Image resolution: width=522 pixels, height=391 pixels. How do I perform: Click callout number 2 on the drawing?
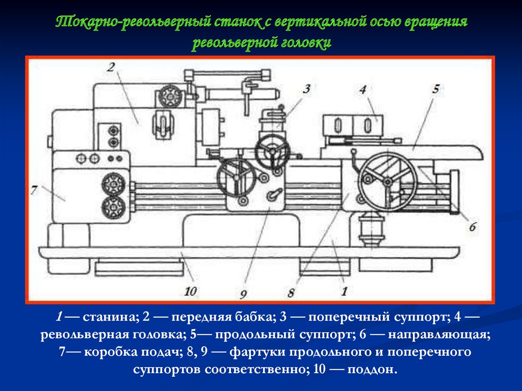tap(111, 68)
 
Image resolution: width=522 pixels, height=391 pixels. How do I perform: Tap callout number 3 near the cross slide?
tap(306, 89)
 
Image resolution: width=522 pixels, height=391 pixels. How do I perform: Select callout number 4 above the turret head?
tap(363, 90)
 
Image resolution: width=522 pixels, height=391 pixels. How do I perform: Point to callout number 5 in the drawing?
tap(436, 89)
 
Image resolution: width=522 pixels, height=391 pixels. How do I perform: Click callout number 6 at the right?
tap(473, 227)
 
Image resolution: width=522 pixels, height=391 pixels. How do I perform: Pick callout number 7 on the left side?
tap(34, 190)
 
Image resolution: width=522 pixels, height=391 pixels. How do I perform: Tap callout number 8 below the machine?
tap(291, 293)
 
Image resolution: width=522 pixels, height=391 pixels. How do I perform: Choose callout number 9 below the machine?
tap(243, 294)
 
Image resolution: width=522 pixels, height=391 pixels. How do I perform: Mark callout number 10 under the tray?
tap(191, 292)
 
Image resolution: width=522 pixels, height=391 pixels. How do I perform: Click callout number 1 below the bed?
tap(344, 292)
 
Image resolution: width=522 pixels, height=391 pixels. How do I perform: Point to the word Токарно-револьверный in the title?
tap(133, 22)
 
